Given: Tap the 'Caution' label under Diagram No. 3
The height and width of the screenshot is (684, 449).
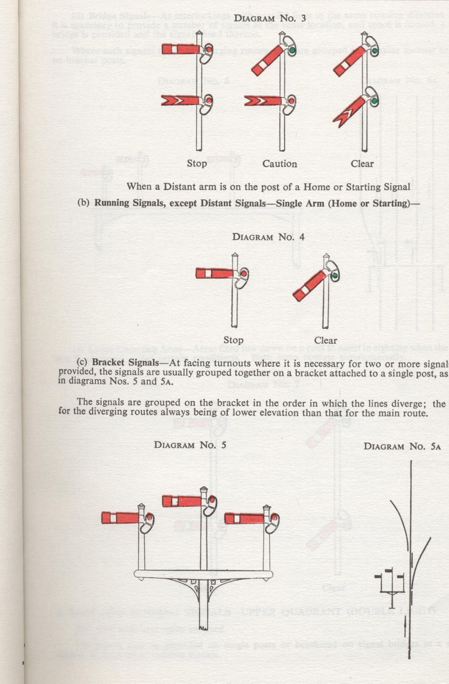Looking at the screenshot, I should click(279, 164).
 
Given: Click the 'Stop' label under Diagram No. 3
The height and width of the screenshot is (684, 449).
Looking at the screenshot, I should click(197, 164).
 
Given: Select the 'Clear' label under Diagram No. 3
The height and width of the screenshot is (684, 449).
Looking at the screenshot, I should click(362, 164).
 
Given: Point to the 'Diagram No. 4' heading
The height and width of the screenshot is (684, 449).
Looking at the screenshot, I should click(268, 237).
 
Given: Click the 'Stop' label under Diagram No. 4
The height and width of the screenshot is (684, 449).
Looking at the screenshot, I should click(233, 340).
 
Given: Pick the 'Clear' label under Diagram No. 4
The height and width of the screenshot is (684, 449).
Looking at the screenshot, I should click(325, 340).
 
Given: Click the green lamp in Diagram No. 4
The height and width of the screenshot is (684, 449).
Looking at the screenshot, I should click(334, 276).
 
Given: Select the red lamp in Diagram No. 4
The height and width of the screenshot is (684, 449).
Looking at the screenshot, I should click(244, 274).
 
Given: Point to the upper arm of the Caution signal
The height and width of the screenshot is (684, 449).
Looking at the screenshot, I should click(267, 60).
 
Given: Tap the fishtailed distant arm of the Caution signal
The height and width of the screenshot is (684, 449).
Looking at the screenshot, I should click(264, 101).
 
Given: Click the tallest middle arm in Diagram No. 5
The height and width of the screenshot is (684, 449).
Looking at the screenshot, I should click(182, 501).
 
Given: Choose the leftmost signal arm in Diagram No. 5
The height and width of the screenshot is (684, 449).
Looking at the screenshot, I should click(121, 518).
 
